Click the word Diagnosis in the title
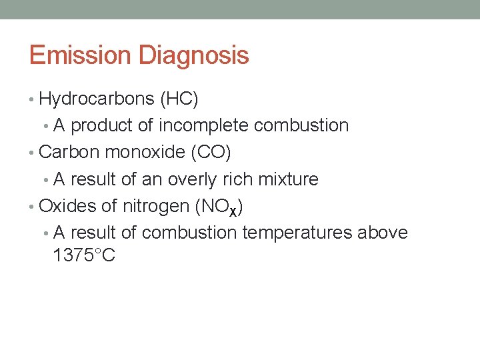[x=194, y=55]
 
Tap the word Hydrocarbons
[x=97, y=99]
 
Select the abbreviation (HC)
[x=179, y=99]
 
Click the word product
[x=102, y=125]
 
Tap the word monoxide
[x=145, y=152]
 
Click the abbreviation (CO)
[x=211, y=152]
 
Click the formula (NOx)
[x=219, y=207]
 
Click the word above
[x=383, y=233]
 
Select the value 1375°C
[x=84, y=255]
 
